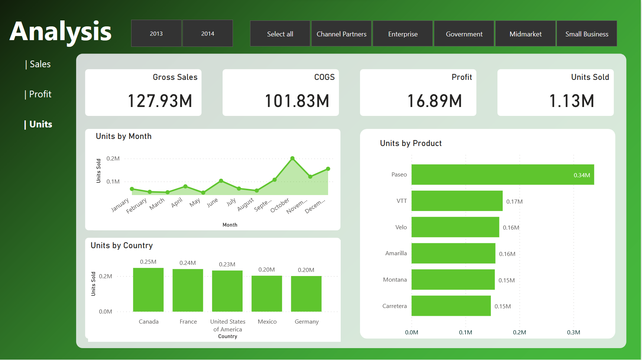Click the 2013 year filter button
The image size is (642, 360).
point(156,33)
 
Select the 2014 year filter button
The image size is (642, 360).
point(208,33)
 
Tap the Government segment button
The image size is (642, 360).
point(464,34)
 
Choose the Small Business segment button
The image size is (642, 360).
point(587,34)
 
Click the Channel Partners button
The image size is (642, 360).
point(341,34)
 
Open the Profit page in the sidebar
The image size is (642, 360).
point(40,94)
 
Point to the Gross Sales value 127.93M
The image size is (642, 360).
point(160,101)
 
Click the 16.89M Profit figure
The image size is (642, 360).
point(435,101)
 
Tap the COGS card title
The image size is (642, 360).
point(324,77)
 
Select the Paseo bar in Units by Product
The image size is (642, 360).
point(502,175)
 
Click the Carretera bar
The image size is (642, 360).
point(451,306)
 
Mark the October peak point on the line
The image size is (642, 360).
point(292,158)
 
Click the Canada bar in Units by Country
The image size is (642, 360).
point(148,290)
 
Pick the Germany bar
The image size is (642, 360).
point(306,293)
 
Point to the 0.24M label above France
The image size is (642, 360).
point(188,263)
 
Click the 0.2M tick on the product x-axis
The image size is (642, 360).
point(519,333)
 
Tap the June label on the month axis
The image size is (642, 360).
point(213,202)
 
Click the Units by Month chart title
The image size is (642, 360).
point(124,136)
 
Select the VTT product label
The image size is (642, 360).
point(402,201)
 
